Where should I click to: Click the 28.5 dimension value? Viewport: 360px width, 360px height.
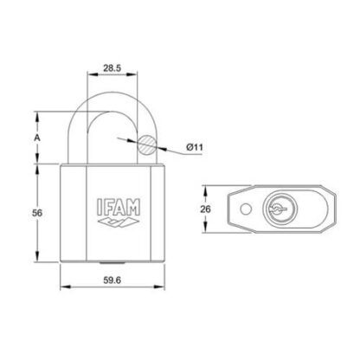click(x=112, y=68)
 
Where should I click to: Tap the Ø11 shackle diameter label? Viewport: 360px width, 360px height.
click(x=195, y=147)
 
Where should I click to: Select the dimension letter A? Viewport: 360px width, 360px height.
click(x=37, y=138)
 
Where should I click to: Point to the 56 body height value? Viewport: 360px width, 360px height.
click(x=37, y=213)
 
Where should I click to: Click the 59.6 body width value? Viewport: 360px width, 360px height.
click(x=112, y=280)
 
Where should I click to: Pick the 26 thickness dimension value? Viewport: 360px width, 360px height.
click(x=206, y=209)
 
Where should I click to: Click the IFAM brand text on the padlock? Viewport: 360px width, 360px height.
click(x=119, y=207)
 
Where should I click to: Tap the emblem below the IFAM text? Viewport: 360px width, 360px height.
click(x=119, y=222)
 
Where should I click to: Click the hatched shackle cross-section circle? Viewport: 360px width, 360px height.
click(x=147, y=145)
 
